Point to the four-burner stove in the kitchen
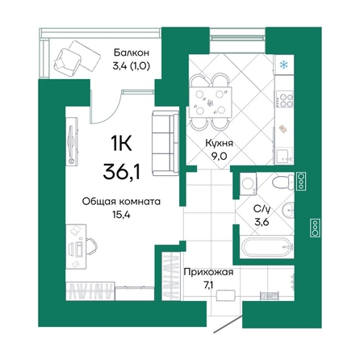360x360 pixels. point(283,101)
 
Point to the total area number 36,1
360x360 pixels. point(124,172)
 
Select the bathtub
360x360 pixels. point(258,249)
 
